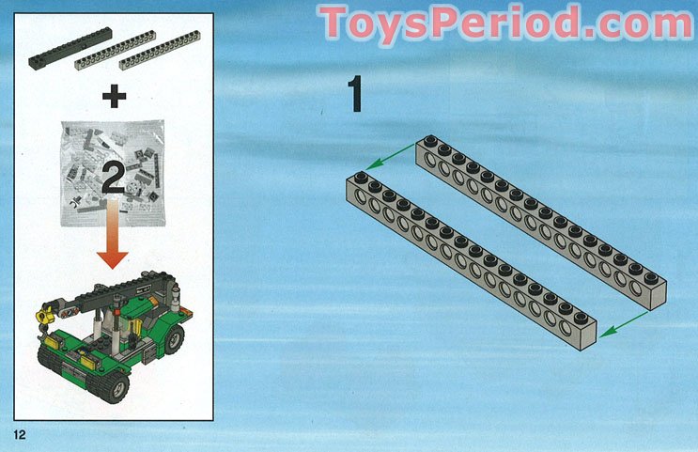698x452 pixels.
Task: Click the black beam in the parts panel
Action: pos(71,48)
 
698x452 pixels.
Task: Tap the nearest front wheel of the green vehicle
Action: pos(116,383)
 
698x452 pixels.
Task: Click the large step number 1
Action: pos(356,95)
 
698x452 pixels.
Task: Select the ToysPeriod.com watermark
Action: pos(506,23)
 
